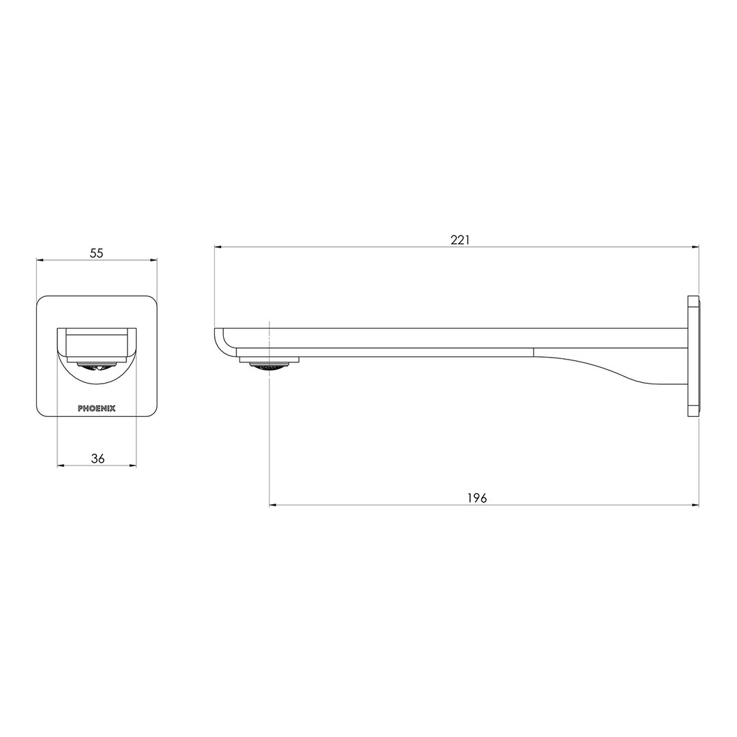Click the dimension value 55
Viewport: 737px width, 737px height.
pos(96,253)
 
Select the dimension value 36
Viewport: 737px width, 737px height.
pos(98,459)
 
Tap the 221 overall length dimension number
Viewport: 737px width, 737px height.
pos(460,240)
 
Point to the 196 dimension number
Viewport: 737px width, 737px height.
pos(477,498)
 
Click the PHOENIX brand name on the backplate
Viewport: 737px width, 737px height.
pos(97,409)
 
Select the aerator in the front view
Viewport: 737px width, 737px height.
pos(96,366)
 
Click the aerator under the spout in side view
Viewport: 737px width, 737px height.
pos(269,366)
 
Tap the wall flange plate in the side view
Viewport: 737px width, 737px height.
pos(693,356)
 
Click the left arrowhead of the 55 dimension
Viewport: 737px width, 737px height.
pos(40,260)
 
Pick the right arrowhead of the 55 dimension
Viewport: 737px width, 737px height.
pos(154,260)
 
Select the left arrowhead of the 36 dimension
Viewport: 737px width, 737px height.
pos(60,466)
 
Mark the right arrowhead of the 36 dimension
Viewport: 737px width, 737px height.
pos(133,466)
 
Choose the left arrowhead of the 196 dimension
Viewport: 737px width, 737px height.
pos(273,505)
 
